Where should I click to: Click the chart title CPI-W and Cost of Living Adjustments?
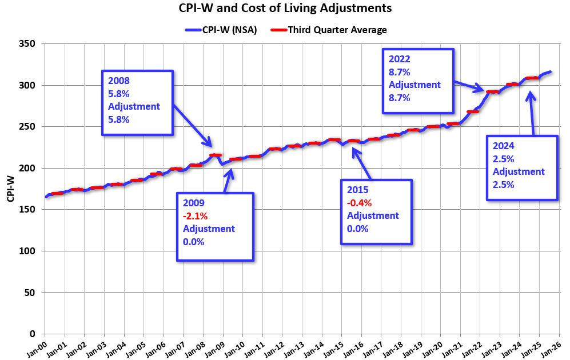pos(285,9)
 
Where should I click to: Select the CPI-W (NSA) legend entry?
pos(220,30)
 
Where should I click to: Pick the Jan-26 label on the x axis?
pos(553,346)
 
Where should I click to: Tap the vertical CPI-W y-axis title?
pos(10,189)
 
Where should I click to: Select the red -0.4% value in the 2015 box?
pos(360,202)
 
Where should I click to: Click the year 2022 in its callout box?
pos(400,59)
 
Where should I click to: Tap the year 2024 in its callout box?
pos(503,146)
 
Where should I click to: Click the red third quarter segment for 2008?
pos(216,155)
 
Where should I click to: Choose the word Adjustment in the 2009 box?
pos(209,229)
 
